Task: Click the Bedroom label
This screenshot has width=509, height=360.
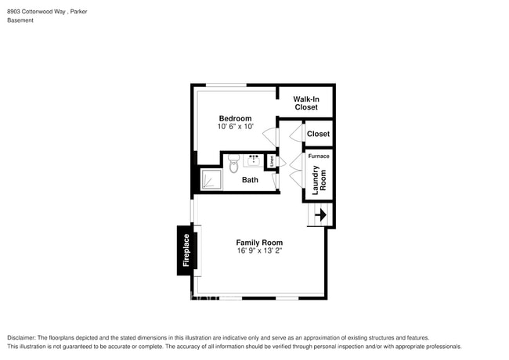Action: [x=235, y=118]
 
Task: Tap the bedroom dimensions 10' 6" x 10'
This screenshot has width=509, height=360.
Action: [x=235, y=127]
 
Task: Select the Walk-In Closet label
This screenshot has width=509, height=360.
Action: [x=305, y=103]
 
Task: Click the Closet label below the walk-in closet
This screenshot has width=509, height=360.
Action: [x=318, y=134]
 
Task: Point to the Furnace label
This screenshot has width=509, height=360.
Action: [x=318, y=156]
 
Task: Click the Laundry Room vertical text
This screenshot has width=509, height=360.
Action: [x=318, y=179]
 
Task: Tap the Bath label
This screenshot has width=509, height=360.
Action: [x=250, y=180]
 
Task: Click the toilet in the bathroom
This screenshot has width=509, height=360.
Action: [x=233, y=163]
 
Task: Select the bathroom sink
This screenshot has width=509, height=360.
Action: [x=253, y=161]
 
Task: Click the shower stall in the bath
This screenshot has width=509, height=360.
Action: [x=209, y=181]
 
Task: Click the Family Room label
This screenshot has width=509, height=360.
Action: [x=259, y=243]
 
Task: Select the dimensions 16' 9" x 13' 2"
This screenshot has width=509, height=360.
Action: [x=259, y=251]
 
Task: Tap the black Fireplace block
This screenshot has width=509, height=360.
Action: [x=186, y=250]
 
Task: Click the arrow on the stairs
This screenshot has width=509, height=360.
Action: [x=320, y=214]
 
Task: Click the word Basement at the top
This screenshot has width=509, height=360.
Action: [x=20, y=20]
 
